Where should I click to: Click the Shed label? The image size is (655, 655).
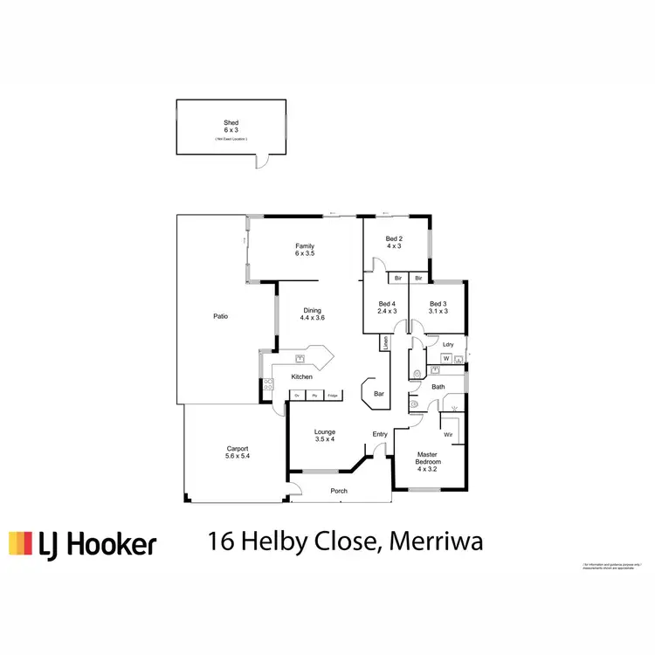[x=231, y=122]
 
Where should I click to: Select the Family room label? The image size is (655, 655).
[x=304, y=246]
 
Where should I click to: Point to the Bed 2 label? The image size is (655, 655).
[x=395, y=238]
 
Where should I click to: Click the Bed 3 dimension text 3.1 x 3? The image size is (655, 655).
[x=438, y=311]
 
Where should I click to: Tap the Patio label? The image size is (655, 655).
[x=221, y=316]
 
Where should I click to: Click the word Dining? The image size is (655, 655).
[x=313, y=310]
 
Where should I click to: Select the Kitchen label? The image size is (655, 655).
[x=302, y=376]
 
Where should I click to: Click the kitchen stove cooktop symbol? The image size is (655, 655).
[x=269, y=384]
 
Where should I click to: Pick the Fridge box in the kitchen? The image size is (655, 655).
[x=333, y=396]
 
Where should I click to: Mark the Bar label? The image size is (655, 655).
[x=379, y=394]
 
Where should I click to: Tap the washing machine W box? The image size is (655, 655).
[x=446, y=359]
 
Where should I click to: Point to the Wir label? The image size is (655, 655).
[x=448, y=433]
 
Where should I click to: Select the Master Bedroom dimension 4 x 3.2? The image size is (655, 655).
[x=428, y=469]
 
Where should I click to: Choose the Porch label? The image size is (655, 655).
[x=339, y=491]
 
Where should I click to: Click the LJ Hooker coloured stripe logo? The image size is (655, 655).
[x=20, y=544]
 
